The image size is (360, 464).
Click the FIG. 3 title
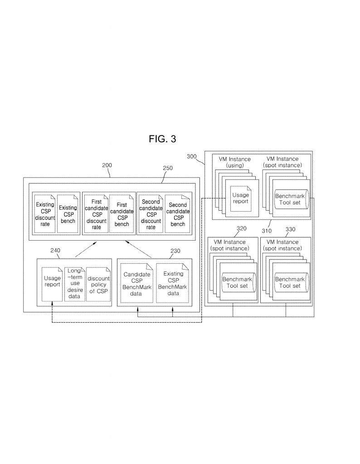[x=162, y=139]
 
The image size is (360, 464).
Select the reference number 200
[x=107, y=166]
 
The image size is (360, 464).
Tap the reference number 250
[x=167, y=168]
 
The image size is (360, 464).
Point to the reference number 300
[x=192, y=156]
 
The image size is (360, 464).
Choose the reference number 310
[x=267, y=230]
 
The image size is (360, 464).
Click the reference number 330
[x=291, y=229]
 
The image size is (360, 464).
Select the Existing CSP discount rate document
[x=45, y=213]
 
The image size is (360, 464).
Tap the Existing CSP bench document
[x=68, y=213]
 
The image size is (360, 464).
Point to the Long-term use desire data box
[x=74, y=283]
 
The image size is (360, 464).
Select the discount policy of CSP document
[x=98, y=283]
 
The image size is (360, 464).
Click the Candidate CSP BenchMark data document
[x=136, y=283]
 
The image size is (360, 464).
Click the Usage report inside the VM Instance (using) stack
[x=241, y=198]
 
